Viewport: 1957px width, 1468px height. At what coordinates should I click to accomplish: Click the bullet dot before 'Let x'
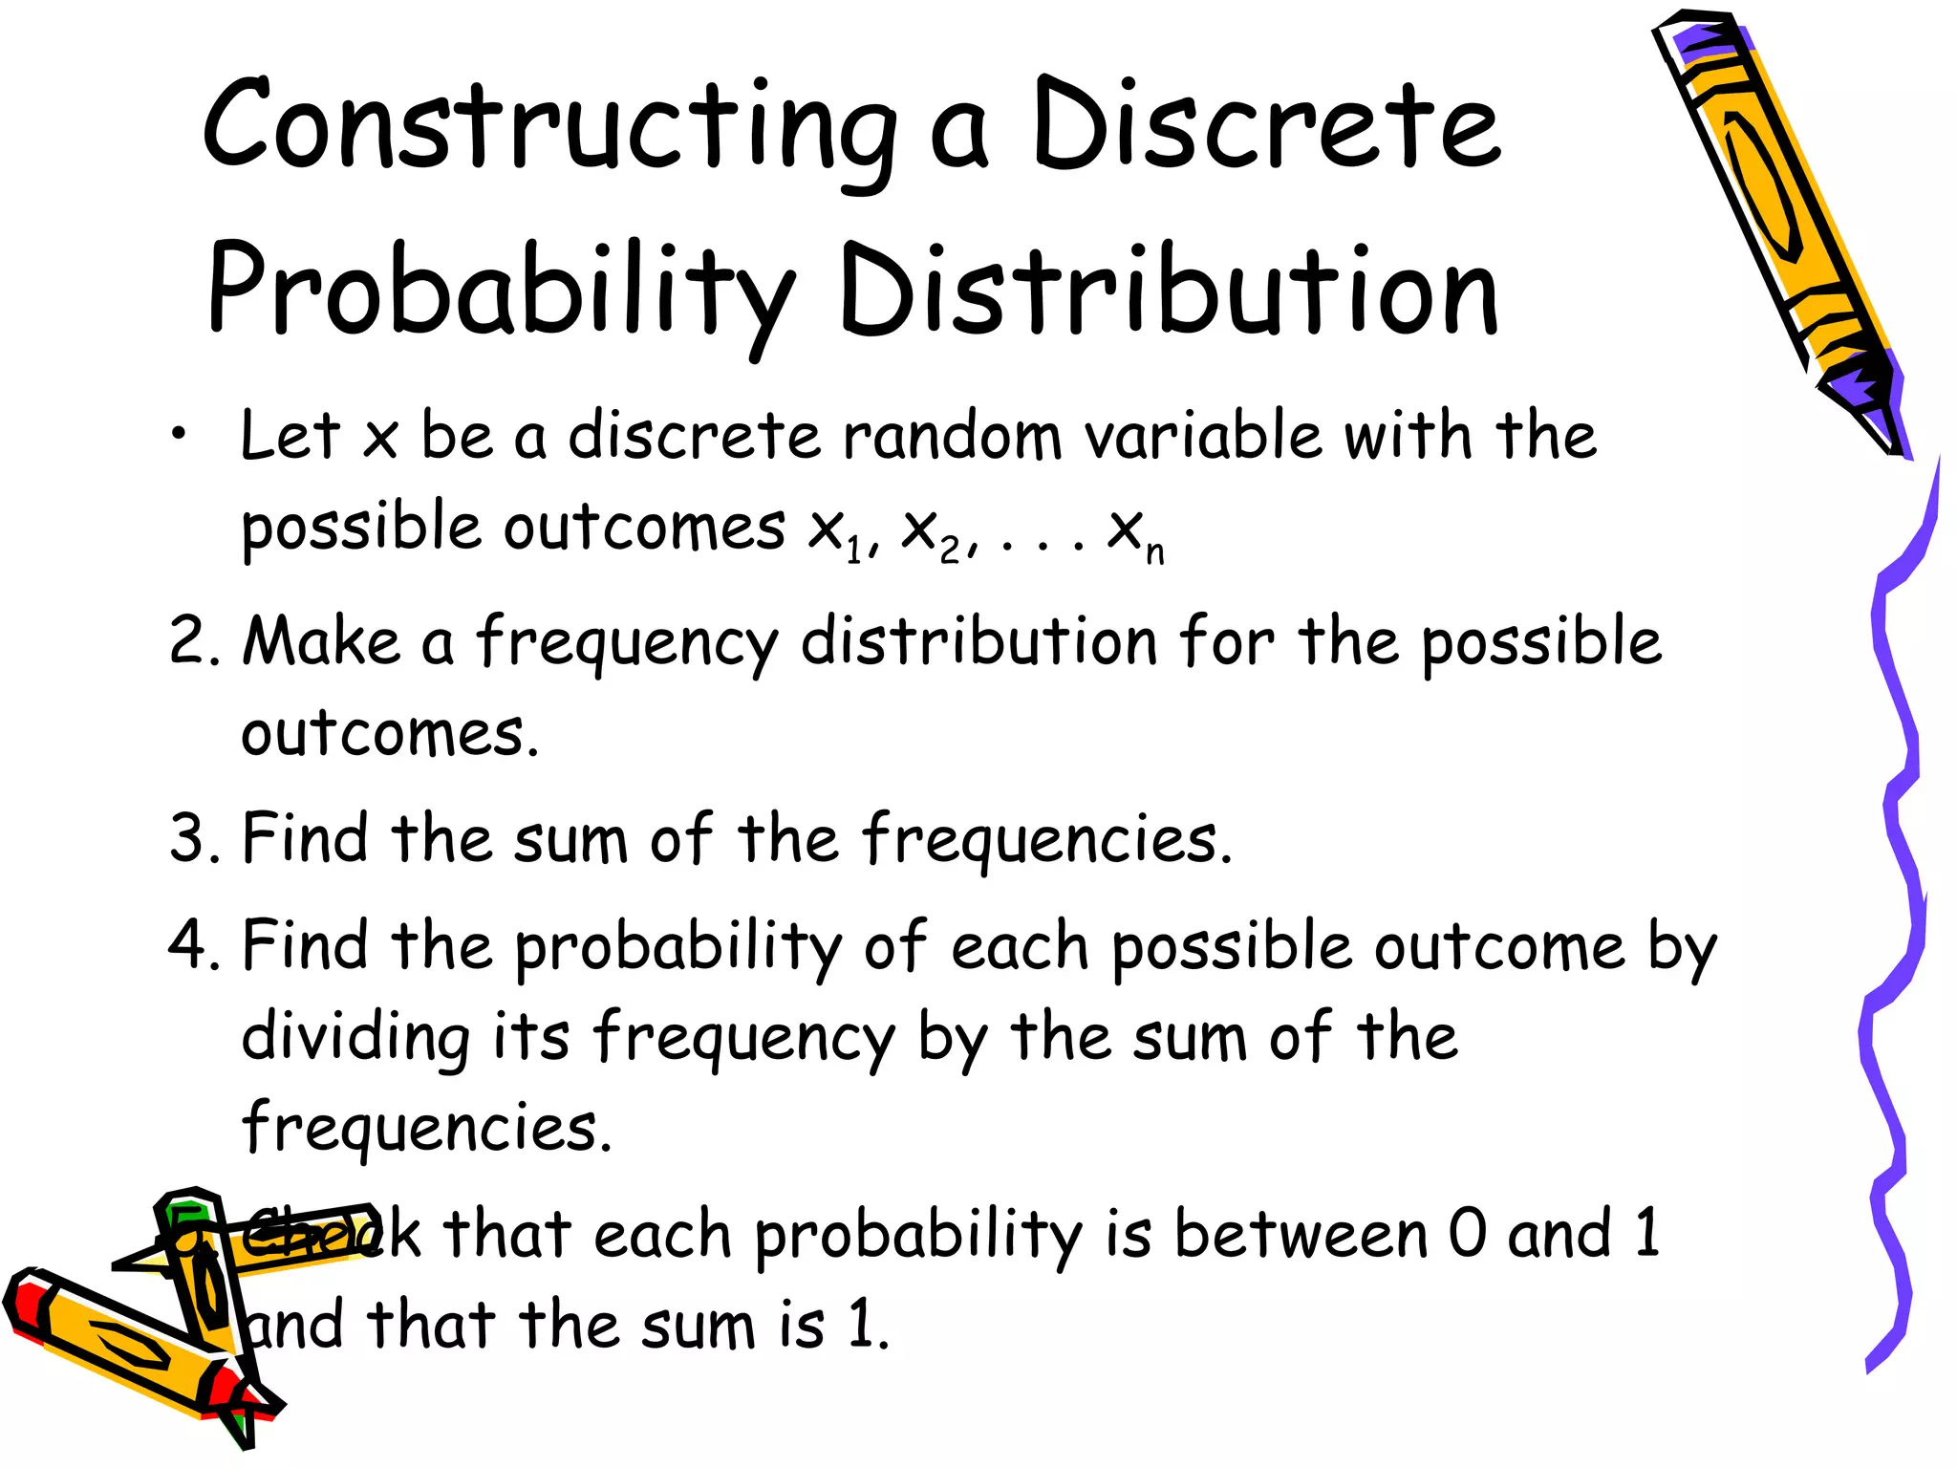[179, 436]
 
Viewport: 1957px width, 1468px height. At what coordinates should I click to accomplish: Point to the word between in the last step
[1300, 1234]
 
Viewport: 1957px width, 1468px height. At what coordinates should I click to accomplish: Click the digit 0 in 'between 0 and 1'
[1467, 1234]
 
